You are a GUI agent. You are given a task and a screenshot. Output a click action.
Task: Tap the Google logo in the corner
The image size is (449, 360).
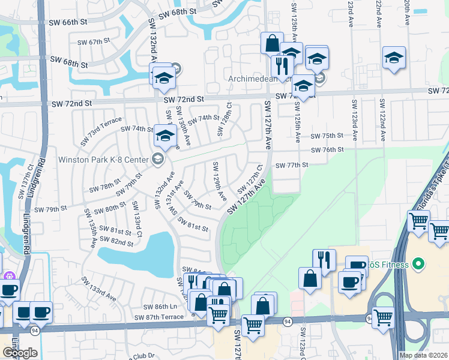click(x=20, y=352)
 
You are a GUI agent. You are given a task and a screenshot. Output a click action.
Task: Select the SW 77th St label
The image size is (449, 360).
click(x=291, y=165)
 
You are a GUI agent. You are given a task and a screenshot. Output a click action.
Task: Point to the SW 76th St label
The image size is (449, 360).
click(x=327, y=149)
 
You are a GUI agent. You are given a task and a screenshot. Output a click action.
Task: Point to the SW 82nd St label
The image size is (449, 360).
click(x=116, y=241)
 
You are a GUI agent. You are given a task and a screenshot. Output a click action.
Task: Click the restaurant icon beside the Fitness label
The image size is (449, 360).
click(x=324, y=260)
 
